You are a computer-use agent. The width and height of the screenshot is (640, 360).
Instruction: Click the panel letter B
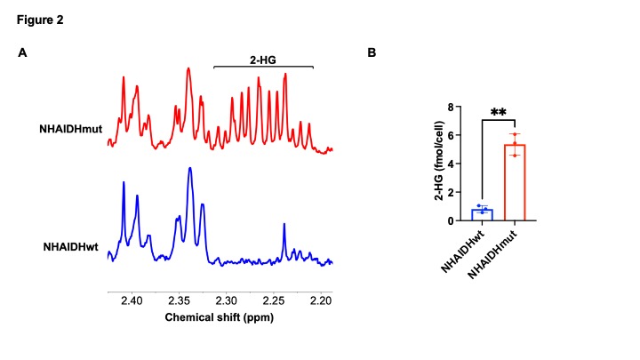372,53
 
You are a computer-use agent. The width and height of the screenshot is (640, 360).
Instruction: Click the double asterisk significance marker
499,114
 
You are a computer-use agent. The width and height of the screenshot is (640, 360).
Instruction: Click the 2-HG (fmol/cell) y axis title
438,164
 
